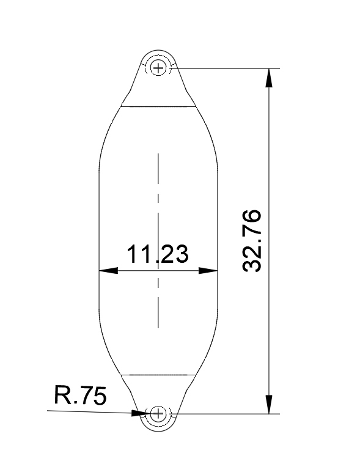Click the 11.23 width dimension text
[157, 254]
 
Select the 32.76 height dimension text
[252, 240]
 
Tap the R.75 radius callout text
[80, 395]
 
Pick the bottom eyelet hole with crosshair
[158, 414]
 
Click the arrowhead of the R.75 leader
[140, 413]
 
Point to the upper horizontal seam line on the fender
[159, 106]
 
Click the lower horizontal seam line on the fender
[158, 373]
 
